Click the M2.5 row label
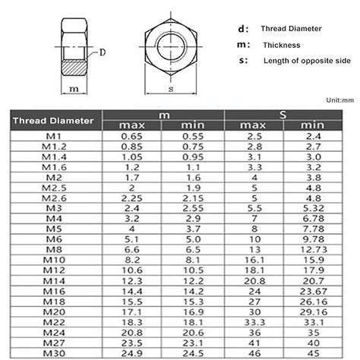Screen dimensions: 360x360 (51, 187)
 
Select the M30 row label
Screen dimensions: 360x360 (51, 353)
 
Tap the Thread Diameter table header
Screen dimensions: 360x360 (55, 120)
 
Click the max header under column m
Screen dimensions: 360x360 (134, 125)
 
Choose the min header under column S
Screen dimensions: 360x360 (312, 125)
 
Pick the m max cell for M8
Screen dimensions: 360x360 (134, 248)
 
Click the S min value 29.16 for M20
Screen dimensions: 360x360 (312, 311)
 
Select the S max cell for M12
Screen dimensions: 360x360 (254, 270)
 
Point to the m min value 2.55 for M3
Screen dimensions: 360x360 (194, 207)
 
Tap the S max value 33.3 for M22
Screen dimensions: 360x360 (254, 321)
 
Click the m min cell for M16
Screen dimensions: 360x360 (194, 290)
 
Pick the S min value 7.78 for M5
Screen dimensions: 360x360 (312, 228)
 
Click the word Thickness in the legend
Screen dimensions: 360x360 (282, 45)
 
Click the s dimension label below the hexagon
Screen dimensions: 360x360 (171, 89)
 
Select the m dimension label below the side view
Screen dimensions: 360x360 (74, 89)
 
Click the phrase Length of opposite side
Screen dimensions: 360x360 (304, 61)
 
